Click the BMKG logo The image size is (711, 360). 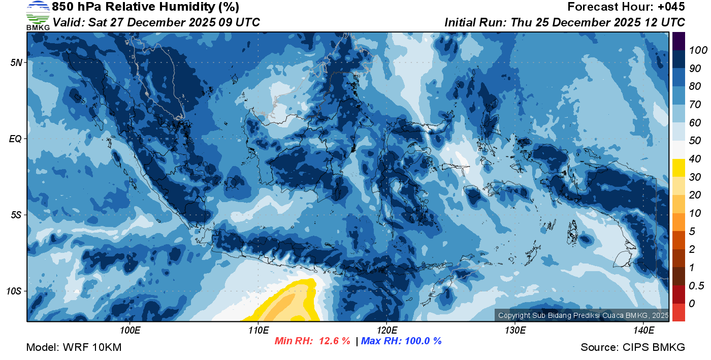(38, 15)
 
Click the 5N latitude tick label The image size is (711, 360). (16, 62)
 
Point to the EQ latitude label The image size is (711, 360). (15, 139)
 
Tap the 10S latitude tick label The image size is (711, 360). (14, 291)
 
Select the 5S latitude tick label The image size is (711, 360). (16, 215)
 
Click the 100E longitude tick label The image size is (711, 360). (130, 331)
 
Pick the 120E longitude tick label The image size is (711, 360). (386, 331)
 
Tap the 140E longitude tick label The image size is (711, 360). (643, 331)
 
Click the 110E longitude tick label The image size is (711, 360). (258, 331)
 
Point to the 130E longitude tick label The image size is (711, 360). (515, 331)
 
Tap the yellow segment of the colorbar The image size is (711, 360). (678, 168)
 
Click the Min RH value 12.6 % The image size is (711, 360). (334, 341)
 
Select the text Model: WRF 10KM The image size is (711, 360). (74, 347)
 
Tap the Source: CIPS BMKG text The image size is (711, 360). (633, 347)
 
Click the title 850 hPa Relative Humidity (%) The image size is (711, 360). (145, 7)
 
